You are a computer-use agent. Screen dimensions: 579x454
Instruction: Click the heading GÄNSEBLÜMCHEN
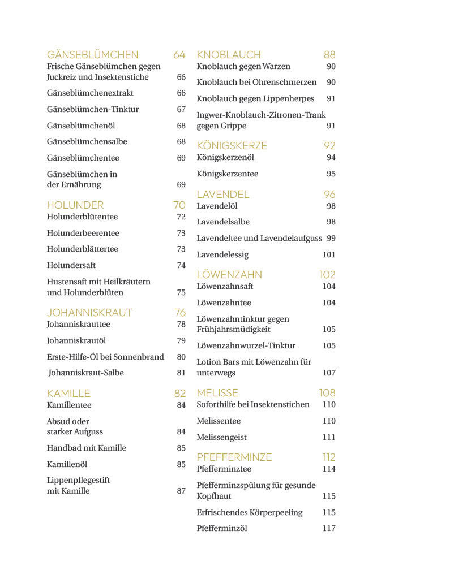click(92, 55)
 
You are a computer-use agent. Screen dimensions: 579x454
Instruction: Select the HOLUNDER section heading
click(75, 205)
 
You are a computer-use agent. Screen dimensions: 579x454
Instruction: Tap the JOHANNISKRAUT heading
click(89, 313)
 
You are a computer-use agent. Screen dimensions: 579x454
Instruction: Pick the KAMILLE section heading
click(68, 394)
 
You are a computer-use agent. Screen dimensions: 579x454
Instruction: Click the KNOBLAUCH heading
click(229, 55)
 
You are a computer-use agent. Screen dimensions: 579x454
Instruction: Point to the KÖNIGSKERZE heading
click(232, 146)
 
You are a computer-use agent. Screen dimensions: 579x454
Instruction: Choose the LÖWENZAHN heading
click(229, 275)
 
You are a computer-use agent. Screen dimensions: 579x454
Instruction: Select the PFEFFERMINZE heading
click(234, 457)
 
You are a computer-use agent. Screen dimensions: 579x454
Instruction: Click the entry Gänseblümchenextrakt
click(90, 93)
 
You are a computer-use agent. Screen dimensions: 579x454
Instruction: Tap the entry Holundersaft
click(71, 265)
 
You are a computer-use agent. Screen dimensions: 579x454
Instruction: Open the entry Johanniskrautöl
click(76, 341)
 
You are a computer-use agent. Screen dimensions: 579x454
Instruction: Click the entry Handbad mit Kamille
click(87, 448)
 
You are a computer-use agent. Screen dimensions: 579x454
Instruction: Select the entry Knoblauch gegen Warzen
click(243, 67)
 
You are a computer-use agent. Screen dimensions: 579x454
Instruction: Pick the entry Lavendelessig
click(222, 255)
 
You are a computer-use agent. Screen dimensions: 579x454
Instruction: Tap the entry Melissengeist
click(221, 438)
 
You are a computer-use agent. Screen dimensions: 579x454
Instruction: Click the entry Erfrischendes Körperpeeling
click(250, 513)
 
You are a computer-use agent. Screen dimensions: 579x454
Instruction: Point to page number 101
click(329, 255)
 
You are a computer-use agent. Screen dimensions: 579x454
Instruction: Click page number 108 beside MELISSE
click(327, 393)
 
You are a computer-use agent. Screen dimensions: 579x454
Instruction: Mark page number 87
click(181, 491)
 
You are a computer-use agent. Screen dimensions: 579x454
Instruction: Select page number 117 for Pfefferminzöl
click(329, 529)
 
